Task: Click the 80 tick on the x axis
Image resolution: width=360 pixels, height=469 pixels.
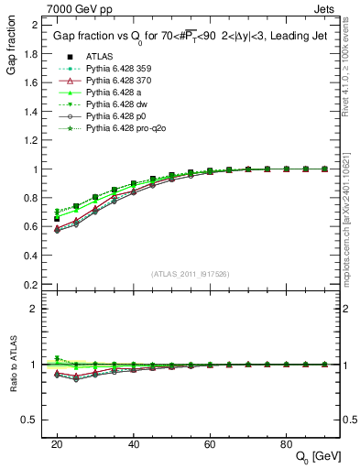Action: (x=286, y=443)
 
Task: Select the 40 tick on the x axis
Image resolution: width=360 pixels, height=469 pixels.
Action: (x=133, y=443)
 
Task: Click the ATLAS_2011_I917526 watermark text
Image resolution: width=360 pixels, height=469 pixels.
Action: (x=189, y=273)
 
